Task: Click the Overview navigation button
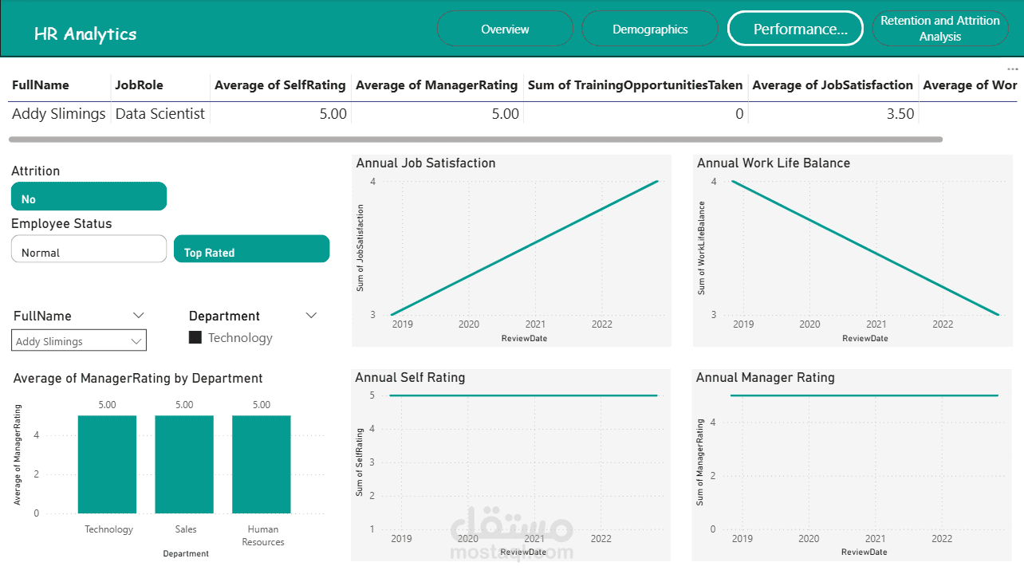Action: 505,29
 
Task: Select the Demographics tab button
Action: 650,29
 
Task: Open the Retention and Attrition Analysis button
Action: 939,29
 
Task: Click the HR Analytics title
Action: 85,34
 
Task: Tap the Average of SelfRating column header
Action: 280,85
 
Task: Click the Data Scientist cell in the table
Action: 160,114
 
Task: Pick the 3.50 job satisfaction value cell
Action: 900,114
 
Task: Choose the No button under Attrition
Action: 89,197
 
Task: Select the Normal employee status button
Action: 89,250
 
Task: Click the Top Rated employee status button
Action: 251,250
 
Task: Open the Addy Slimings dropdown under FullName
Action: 79,340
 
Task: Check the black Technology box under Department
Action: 195,338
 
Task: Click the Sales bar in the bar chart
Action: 184,464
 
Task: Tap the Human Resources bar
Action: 262,464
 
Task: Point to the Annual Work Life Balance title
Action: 773,163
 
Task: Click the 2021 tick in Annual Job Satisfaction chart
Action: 535,324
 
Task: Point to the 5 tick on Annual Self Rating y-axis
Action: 372,395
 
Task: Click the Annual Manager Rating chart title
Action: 765,378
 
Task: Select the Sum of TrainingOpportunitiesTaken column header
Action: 635,85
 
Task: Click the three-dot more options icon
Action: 1013,69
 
